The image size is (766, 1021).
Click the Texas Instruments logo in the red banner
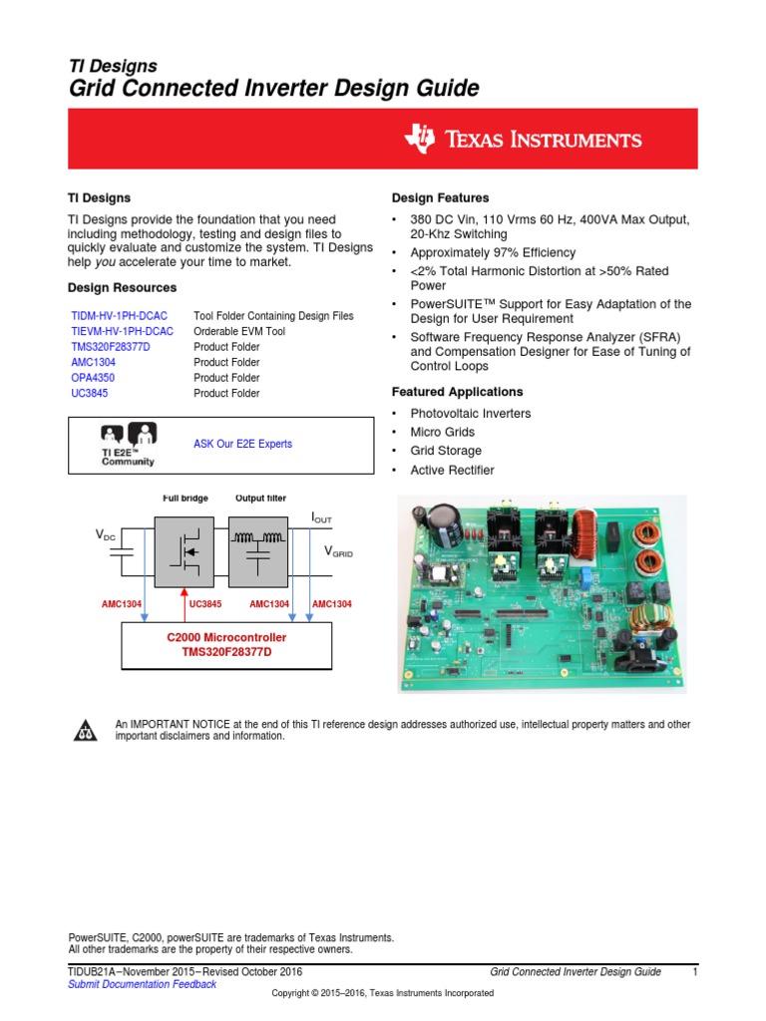523,140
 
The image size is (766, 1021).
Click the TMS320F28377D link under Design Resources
115,347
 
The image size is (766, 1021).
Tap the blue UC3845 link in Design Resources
90,394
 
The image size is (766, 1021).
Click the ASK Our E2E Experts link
242,444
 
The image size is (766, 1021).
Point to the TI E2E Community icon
128,445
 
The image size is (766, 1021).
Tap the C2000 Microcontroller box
226,644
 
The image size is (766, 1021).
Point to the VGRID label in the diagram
338,551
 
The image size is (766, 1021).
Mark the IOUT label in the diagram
321,517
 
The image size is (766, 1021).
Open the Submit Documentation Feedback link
142,984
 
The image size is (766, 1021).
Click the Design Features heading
440,198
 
